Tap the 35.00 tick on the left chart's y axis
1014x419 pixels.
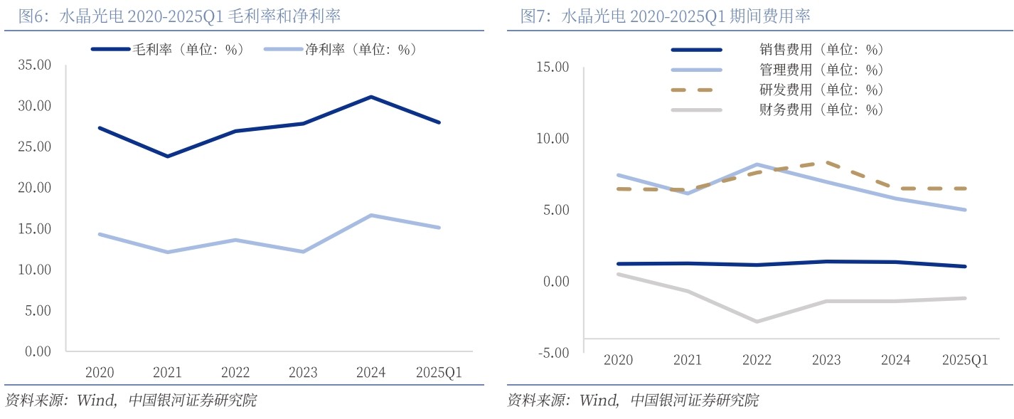pyautogui.click(x=33, y=65)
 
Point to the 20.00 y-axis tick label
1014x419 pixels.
pyautogui.click(x=33, y=188)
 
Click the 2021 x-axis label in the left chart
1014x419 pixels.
pyautogui.click(x=167, y=372)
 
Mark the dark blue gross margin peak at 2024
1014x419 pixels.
pyautogui.click(x=371, y=97)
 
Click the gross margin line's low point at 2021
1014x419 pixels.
pyautogui.click(x=167, y=156)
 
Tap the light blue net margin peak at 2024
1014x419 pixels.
pyautogui.click(x=371, y=215)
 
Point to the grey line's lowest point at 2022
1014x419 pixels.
pyautogui.click(x=757, y=322)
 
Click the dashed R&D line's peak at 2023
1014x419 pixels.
pyautogui.click(x=826, y=162)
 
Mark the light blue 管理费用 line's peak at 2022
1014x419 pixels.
pyautogui.click(x=757, y=164)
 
